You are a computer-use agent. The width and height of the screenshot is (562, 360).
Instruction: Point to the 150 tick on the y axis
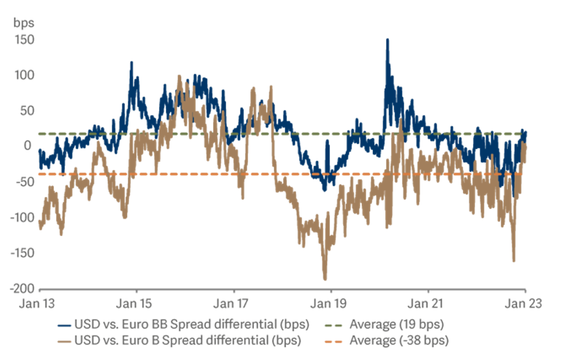26,40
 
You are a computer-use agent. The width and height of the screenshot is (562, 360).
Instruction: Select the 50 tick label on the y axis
28,111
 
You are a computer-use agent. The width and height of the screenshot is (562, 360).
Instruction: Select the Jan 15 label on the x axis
136,303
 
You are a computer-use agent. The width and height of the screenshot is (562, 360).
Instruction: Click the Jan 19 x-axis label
331,303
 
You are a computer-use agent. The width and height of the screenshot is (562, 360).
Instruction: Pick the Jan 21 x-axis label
428,303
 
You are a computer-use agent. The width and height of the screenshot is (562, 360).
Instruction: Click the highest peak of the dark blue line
387,40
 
